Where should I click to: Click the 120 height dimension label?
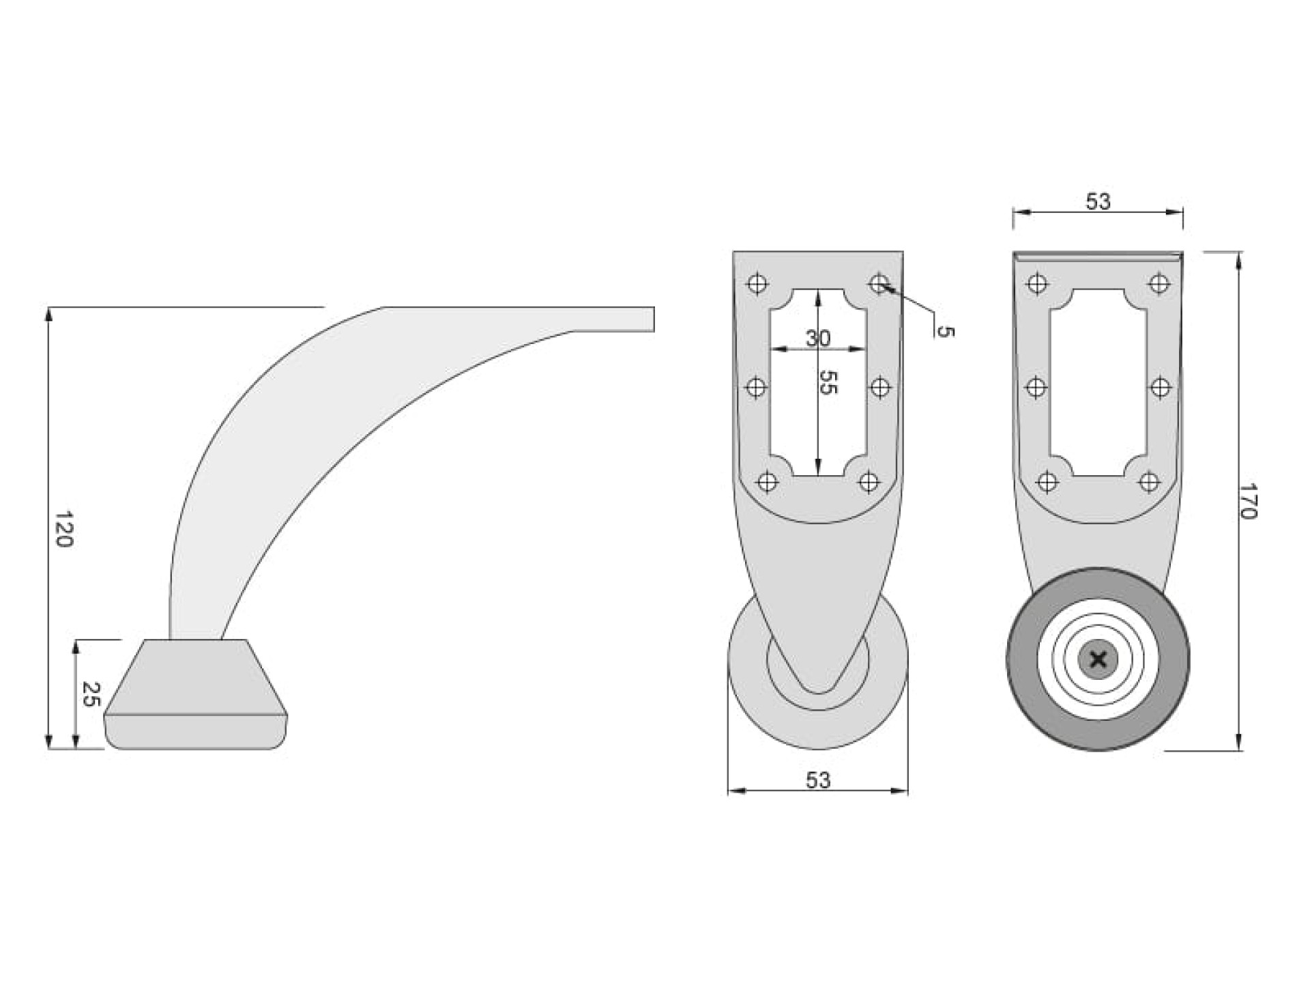[63, 529]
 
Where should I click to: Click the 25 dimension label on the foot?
[91, 694]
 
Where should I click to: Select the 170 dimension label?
[1248, 501]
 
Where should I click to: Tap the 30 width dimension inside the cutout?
[818, 338]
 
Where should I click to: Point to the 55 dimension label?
[827, 382]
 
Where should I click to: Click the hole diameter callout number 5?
[946, 332]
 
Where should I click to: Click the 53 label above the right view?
[1098, 201]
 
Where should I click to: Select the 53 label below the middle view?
[818, 780]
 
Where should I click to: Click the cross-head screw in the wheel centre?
[1098, 660]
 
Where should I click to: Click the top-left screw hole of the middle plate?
[757, 283]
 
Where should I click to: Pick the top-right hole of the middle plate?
[879, 283]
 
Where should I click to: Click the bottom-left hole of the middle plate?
[768, 482]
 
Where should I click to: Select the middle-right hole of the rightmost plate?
[1161, 388]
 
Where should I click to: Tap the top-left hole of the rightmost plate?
[1037, 283]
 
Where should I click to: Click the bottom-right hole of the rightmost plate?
[1150, 483]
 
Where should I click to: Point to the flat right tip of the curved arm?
[654, 319]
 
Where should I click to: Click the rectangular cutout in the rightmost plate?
[1098, 382]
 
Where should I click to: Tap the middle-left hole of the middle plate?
[756, 388]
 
